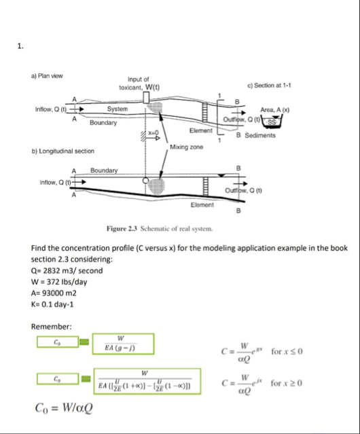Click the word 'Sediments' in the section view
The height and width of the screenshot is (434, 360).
[260, 136]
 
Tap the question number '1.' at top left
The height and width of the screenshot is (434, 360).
[21, 46]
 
